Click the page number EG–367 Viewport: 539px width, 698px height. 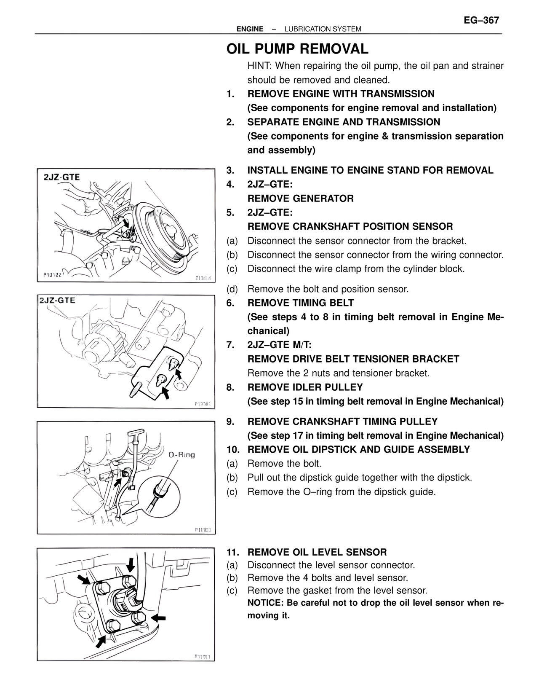481,20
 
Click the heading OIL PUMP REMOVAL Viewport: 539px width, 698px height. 297,49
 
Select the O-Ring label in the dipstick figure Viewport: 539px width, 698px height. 181,455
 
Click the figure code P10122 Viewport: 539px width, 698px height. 53,275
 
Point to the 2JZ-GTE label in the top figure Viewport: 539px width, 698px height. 61,177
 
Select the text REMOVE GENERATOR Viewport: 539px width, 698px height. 300,199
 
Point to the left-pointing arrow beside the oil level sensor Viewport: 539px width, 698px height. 159,618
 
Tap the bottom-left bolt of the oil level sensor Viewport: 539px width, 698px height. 110,626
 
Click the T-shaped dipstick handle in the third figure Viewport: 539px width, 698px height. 137,433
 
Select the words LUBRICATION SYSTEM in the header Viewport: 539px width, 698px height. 323,29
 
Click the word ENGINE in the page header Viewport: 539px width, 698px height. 250,29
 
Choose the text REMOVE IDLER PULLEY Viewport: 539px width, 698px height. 305,387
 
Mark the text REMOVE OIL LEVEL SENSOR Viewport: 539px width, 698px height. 317,552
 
